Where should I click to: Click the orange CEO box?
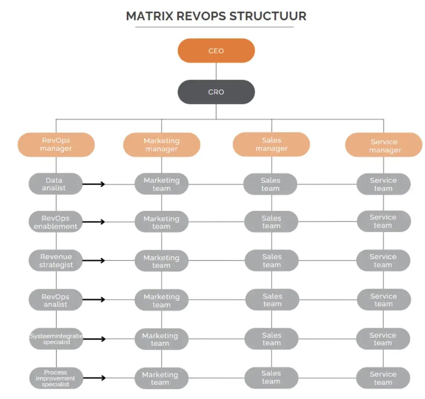pos(216,51)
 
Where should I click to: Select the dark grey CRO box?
pos(216,92)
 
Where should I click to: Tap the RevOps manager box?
pos(56,144)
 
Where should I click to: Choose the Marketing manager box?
pos(161,145)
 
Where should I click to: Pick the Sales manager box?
pos(271,144)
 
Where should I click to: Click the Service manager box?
pos(384,145)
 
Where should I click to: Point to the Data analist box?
pos(56,184)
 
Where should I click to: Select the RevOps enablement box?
pos(56,222)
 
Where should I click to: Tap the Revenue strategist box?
pos(56,261)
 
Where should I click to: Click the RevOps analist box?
pos(56,300)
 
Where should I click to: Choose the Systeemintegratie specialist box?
pos(56,339)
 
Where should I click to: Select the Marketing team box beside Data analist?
pos(161,184)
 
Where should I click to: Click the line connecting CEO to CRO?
pos(216,71)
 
